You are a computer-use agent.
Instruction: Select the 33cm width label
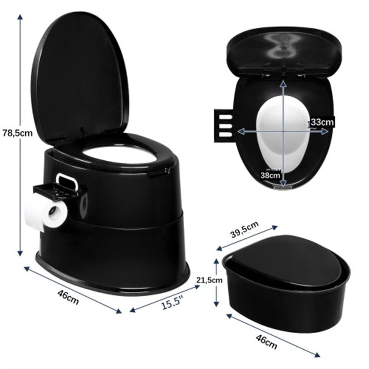[322, 122]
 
